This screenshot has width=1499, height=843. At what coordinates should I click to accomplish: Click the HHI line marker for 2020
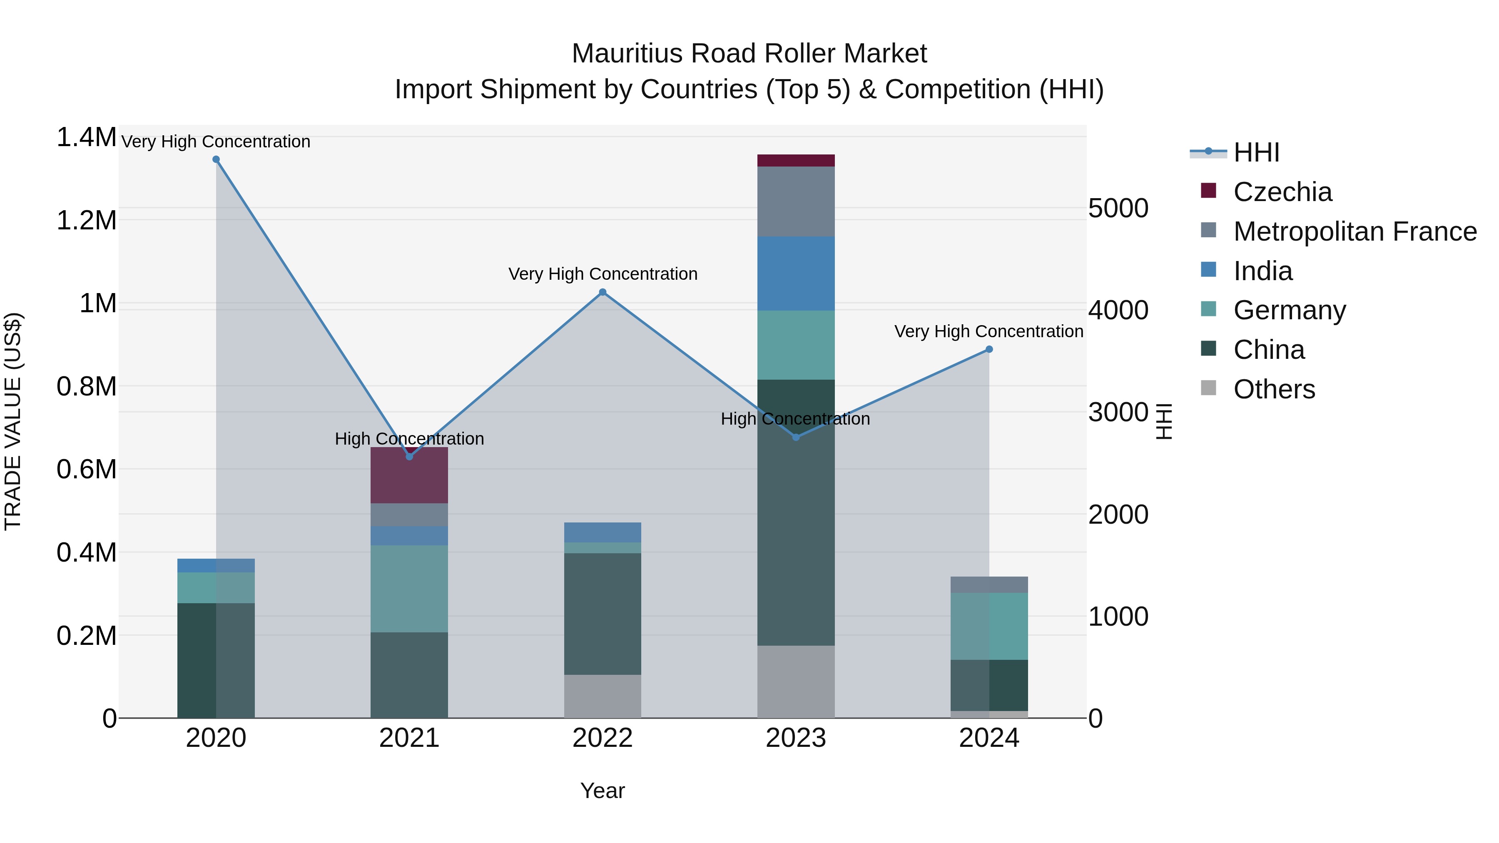(216, 159)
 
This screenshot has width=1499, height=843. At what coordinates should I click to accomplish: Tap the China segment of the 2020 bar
(216, 660)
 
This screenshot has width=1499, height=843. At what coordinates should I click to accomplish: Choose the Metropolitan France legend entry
(1355, 231)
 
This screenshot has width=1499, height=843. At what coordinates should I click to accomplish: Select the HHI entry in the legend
(1256, 152)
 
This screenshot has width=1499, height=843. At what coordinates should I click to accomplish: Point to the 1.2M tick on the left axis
(87, 221)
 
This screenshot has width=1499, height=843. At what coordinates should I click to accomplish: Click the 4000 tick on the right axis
(1118, 310)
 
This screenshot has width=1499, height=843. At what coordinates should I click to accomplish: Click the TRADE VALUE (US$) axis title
(13, 421)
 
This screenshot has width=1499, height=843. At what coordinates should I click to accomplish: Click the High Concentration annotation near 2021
(409, 439)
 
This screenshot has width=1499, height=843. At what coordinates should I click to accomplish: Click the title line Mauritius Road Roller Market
(749, 54)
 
